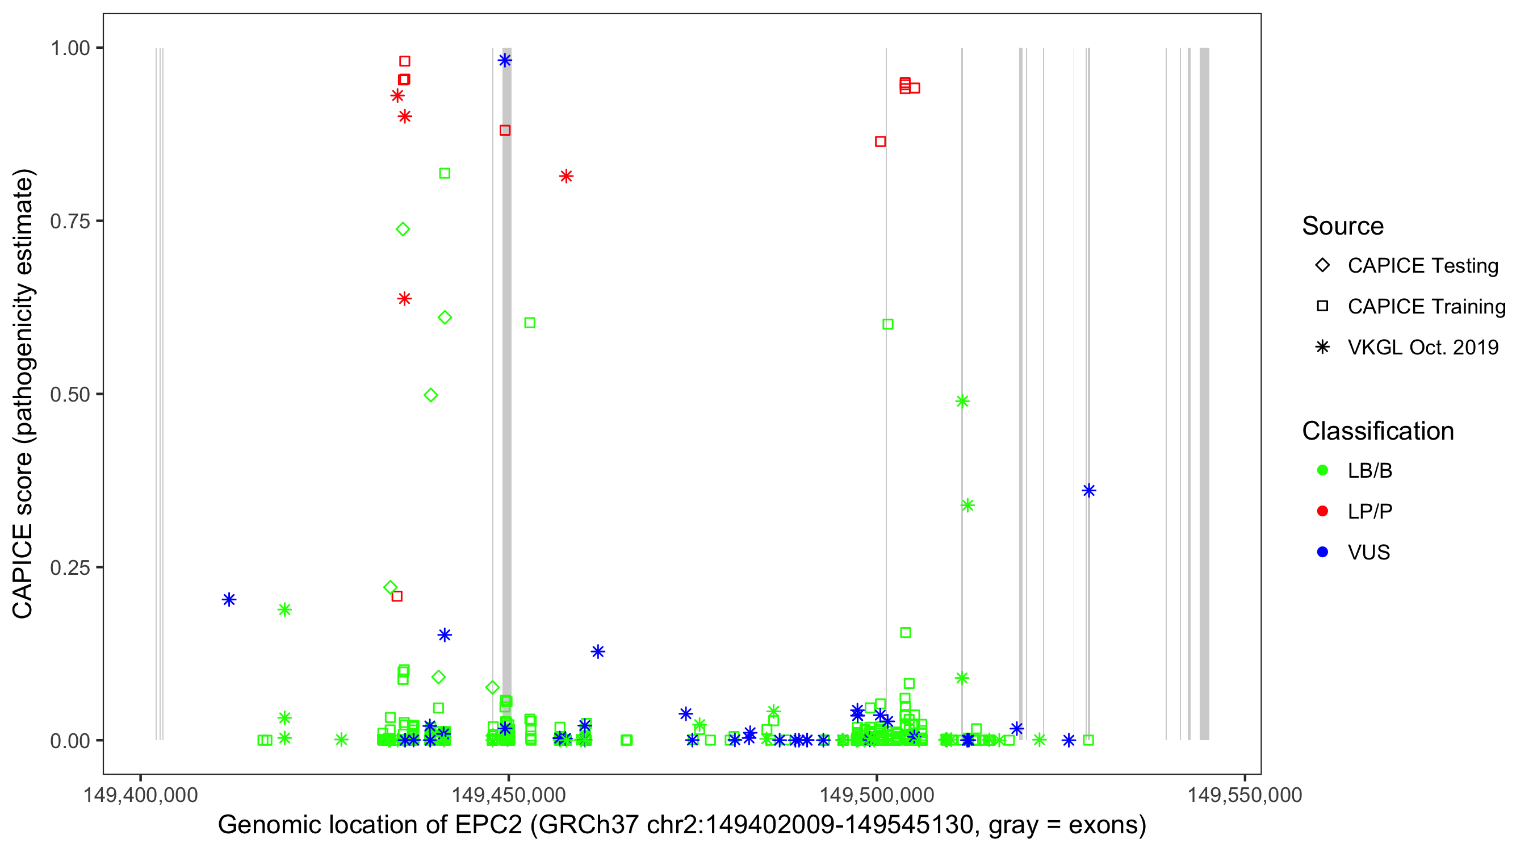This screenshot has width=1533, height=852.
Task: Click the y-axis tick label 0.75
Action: pos(69,222)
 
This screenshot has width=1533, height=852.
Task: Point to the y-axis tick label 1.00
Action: pos(69,48)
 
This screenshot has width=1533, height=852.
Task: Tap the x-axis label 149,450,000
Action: pos(508,795)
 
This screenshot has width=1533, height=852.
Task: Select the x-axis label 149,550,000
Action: pos(1245,795)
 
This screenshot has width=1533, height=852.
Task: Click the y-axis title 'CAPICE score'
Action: pos(24,394)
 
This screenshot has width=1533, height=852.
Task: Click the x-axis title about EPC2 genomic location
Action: pos(681,825)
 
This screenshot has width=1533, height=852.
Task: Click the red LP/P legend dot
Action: pos(1322,511)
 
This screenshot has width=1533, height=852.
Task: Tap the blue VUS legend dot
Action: pos(1322,553)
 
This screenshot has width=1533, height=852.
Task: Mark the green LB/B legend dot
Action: pos(1322,471)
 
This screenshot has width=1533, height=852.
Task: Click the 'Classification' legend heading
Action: pos(1377,431)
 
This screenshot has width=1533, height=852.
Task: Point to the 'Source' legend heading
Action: pos(1342,226)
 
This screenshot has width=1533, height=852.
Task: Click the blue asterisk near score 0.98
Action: pos(505,60)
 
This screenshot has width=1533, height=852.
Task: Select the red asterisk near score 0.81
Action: pos(566,176)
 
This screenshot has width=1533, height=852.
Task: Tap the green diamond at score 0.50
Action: pos(431,395)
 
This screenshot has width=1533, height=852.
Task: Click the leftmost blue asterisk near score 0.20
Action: pos(229,600)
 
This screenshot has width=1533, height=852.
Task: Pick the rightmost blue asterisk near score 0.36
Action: pos(1088,491)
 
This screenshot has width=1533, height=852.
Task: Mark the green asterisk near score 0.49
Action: pos(962,402)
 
